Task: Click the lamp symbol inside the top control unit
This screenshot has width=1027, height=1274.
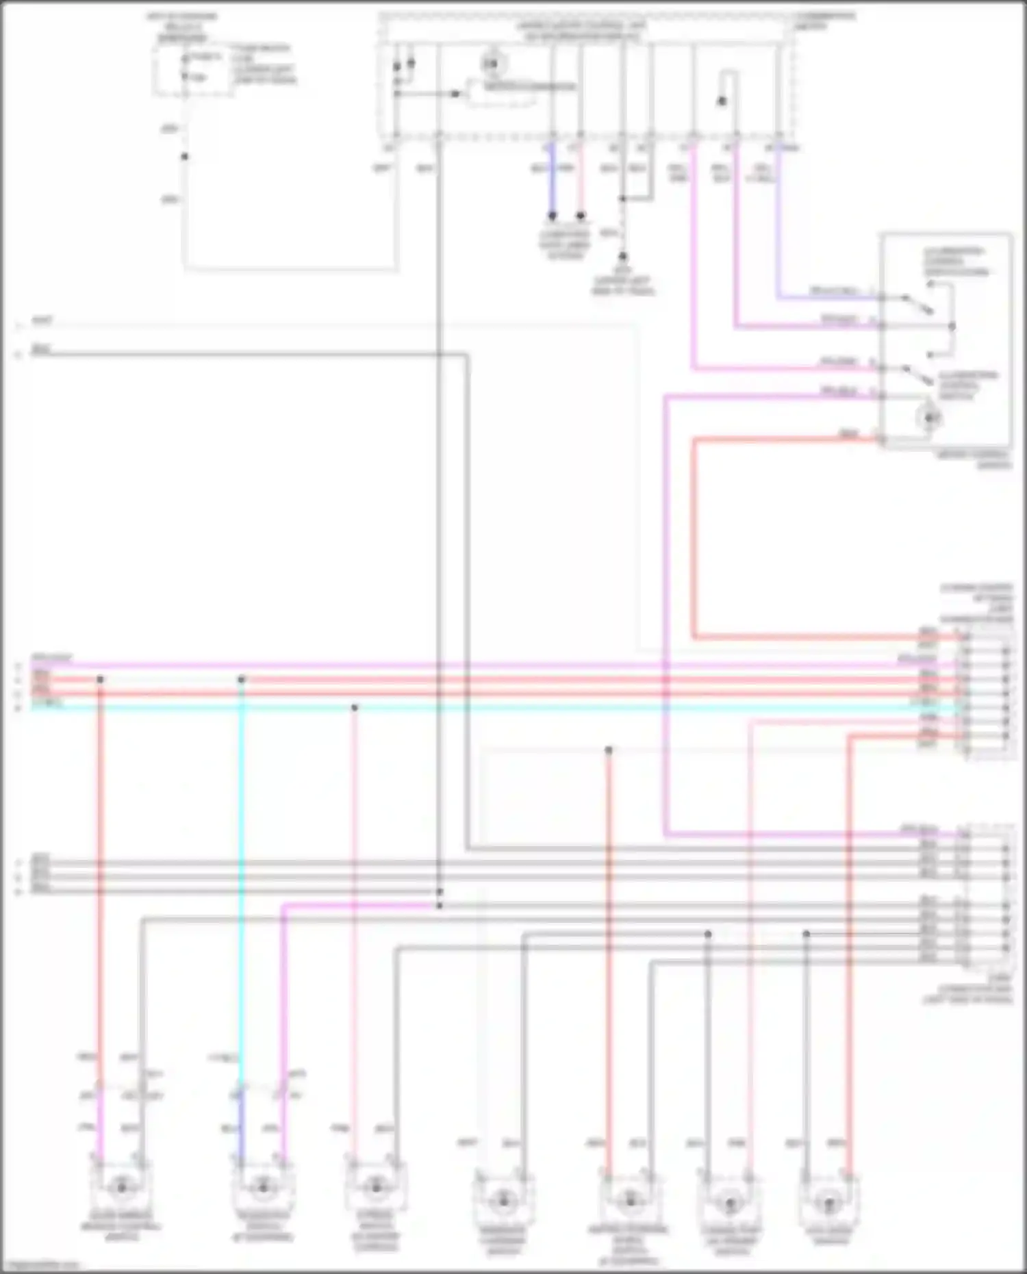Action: [x=491, y=64]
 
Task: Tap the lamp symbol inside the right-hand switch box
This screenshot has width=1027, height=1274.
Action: [x=930, y=417]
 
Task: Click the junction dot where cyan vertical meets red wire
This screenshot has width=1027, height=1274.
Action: [x=241, y=680]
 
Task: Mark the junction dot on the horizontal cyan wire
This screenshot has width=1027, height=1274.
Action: [x=354, y=707]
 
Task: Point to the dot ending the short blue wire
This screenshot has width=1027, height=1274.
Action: [x=553, y=216]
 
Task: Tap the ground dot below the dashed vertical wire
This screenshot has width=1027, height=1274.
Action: [x=622, y=257]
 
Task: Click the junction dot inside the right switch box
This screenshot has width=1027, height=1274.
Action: [x=952, y=326]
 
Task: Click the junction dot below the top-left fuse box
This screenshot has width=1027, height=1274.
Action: [x=184, y=157]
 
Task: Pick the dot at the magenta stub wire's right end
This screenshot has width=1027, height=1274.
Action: [x=440, y=906]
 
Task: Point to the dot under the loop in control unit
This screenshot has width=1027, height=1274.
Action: [x=722, y=101]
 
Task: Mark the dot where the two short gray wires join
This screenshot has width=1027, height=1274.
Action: [x=622, y=199]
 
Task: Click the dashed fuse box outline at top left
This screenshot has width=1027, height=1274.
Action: [x=192, y=69]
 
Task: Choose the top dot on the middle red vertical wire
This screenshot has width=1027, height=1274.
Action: [x=609, y=750]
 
